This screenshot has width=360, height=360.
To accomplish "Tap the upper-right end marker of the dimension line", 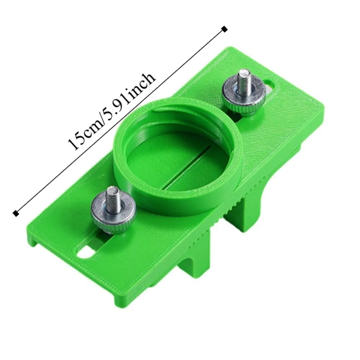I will [225, 29].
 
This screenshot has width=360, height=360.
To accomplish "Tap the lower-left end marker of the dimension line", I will [15, 213].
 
